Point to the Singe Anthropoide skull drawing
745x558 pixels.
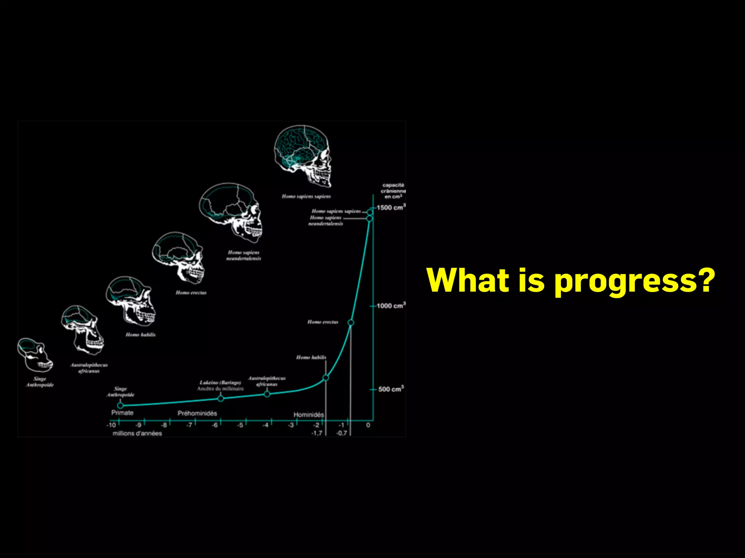tap(35, 355)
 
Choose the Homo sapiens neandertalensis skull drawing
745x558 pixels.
tap(231, 212)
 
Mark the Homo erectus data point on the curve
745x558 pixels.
tap(351, 323)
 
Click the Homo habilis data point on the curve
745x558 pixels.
tap(326, 378)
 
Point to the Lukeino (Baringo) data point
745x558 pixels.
tap(220, 399)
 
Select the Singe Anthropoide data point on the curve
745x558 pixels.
tap(120, 405)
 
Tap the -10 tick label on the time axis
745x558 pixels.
tap(111, 425)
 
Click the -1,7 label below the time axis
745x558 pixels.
tap(317, 433)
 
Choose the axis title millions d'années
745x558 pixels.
tap(137, 433)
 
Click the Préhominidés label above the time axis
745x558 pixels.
tap(197, 413)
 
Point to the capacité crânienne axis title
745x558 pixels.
tap(393, 191)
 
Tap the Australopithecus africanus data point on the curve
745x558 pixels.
tap(267, 394)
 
